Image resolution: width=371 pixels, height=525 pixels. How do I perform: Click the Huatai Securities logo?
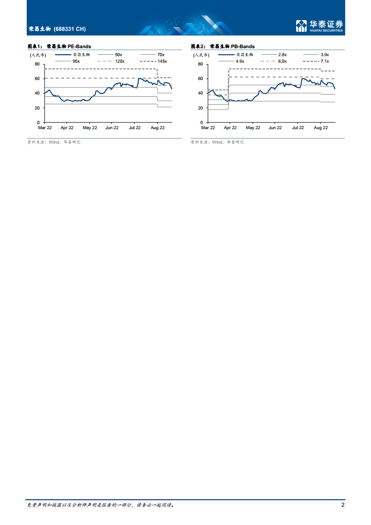tap(319, 26)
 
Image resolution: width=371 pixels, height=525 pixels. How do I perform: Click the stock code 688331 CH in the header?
tap(70, 29)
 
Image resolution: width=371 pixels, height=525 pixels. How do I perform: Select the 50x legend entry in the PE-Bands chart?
tap(118, 55)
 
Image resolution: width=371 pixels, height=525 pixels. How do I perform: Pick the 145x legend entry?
tap(162, 61)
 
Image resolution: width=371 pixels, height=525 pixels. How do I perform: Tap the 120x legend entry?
tap(120, 61)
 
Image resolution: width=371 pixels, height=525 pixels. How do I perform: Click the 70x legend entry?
tap(161, 55)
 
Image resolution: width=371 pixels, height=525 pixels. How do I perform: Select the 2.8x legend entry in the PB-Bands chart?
tap(282, 55)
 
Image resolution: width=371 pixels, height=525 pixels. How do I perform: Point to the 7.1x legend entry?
tap(325, 61)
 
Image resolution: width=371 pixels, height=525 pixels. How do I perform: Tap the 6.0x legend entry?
tap(282, 61)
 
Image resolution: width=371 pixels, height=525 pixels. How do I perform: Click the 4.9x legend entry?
tap(240, 61)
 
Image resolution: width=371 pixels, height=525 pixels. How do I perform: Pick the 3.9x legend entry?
tap(325, 55)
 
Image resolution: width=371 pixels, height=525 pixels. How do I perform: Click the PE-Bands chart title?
tap(59, 47)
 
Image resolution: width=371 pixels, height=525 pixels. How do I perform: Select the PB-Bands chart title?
tap(223, 47)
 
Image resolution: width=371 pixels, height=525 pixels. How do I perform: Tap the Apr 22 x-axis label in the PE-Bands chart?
tap(67, 127)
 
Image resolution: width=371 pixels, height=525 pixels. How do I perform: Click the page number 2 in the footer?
tap(343, 505)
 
